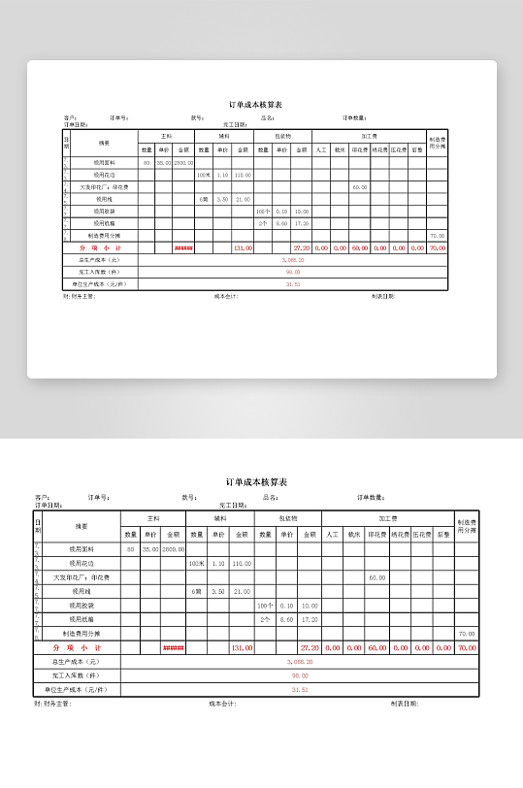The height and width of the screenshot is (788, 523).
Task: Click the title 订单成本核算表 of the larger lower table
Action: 256,482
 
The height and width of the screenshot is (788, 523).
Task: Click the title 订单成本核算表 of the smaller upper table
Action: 255,104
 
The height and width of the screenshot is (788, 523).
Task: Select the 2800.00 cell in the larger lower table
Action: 174,549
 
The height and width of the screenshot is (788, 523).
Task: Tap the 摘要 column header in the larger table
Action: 82,526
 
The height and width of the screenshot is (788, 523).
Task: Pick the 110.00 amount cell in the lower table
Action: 242,563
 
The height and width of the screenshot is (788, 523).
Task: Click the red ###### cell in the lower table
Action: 174,647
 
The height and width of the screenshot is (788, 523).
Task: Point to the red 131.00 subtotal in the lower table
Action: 242,647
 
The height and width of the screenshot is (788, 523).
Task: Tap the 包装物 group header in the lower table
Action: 287,519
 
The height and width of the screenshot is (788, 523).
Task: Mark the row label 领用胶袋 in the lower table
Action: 82,605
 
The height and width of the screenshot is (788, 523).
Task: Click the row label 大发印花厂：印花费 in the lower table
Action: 82,577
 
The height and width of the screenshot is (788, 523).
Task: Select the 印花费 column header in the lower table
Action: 376,534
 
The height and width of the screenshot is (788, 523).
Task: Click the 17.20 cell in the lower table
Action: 310,618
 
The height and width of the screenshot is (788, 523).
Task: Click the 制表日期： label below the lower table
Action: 405,704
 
